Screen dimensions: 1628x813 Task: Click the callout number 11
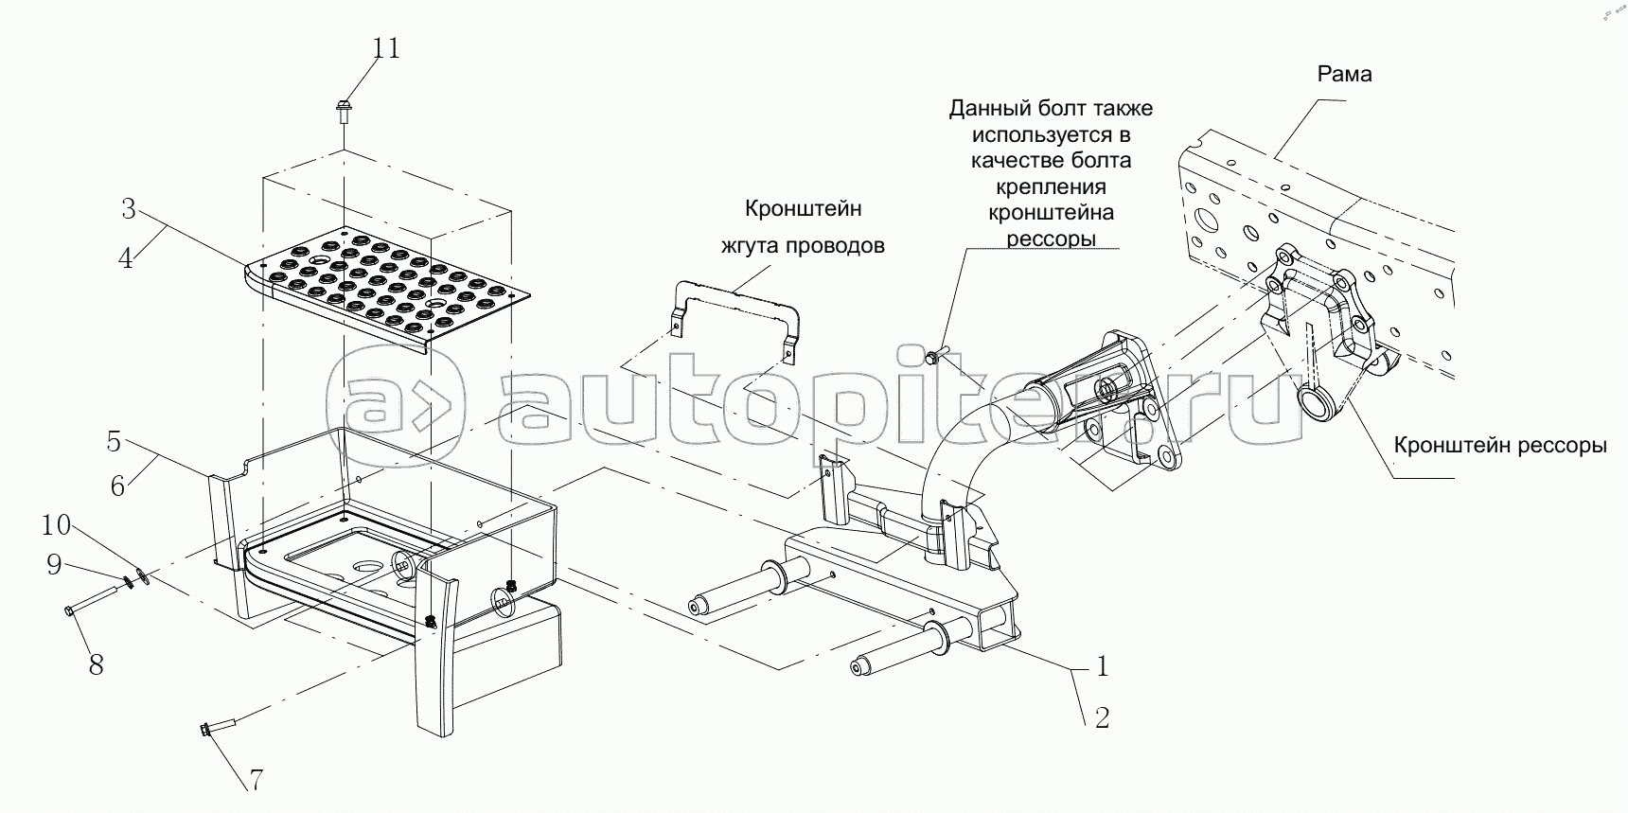pos(385,47)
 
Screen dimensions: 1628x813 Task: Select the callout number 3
pos(129,208)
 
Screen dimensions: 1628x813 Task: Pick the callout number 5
pos(114,441)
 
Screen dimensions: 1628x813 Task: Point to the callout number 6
pos(117,486)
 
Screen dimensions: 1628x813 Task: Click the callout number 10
pos(56,524)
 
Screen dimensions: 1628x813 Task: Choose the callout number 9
pos(54,565)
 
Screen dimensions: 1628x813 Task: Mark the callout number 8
pos(96,664)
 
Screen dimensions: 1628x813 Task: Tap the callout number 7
pos(256,780)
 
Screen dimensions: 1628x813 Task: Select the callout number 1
pos(1101,666)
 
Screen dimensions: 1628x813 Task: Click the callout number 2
pos(1101,718)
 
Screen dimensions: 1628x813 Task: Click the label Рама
pos(1344,74)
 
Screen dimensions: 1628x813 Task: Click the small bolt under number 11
pos(344,110)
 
